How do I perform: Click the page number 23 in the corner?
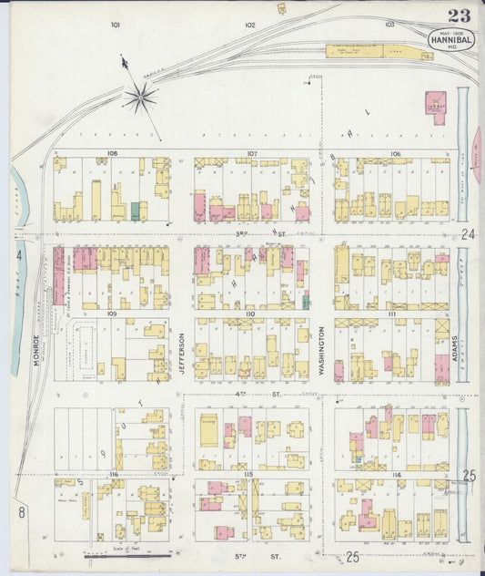tap(459, 15)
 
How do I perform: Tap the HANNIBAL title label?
tap(449, 39)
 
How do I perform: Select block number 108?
tap(112, 154)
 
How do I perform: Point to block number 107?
tap(251, 153)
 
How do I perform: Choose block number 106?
tap(394, 154)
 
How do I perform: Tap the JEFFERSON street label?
tap(182, 350)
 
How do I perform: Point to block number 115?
tap(248, 476)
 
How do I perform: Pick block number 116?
tap(113, 476)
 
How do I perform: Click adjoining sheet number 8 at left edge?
tap(20, 513)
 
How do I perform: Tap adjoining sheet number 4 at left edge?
tap(17, 256)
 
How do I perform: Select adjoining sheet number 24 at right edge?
tap(468, 234)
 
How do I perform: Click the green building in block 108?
tap(136, 211)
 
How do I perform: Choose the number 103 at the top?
tap(389, 25)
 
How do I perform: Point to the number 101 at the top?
tap(116, 25)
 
